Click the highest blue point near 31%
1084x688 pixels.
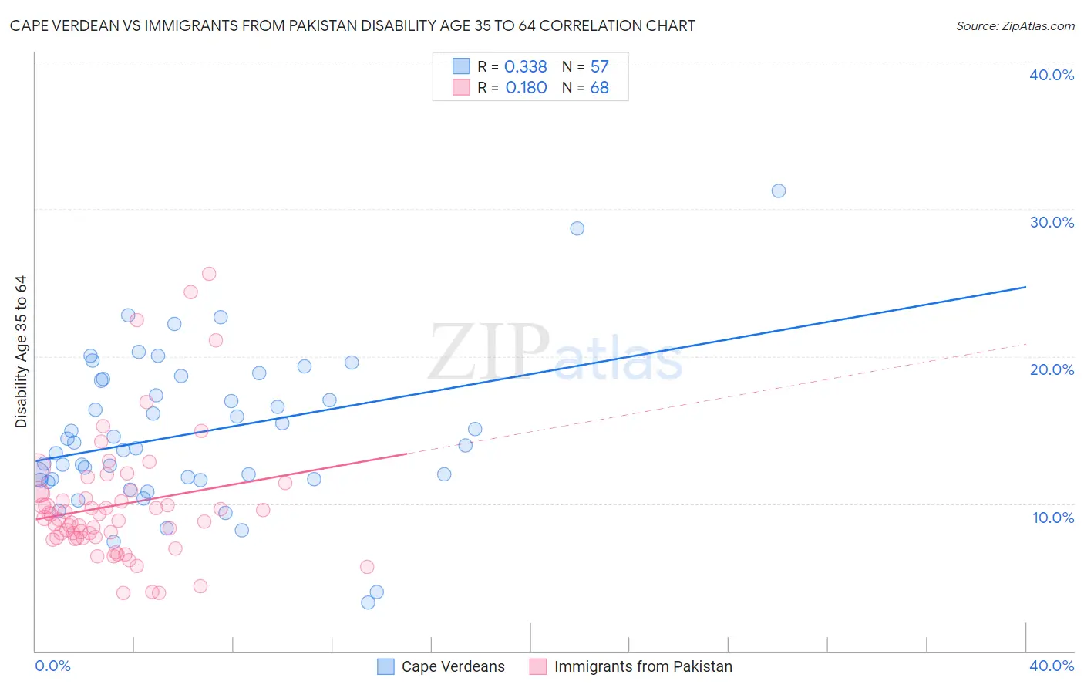779,191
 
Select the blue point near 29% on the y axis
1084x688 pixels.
577,228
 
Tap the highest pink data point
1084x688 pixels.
209,274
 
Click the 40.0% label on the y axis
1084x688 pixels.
1052,75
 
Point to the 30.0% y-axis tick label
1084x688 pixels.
1052,222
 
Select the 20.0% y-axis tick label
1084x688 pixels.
1052,369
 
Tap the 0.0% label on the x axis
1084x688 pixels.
52,666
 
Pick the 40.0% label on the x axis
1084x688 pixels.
1052,666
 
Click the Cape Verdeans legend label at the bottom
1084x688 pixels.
453,666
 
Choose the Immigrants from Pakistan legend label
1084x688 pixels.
643,666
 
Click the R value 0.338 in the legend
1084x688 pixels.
525,67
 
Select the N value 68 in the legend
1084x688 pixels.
599,88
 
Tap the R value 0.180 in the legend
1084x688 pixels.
526,88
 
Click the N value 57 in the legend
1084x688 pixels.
599,67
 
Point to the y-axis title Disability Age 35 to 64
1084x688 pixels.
21,352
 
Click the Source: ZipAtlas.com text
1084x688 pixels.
1015,26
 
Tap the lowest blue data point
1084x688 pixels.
369,602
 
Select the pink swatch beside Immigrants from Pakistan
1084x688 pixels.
538,666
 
